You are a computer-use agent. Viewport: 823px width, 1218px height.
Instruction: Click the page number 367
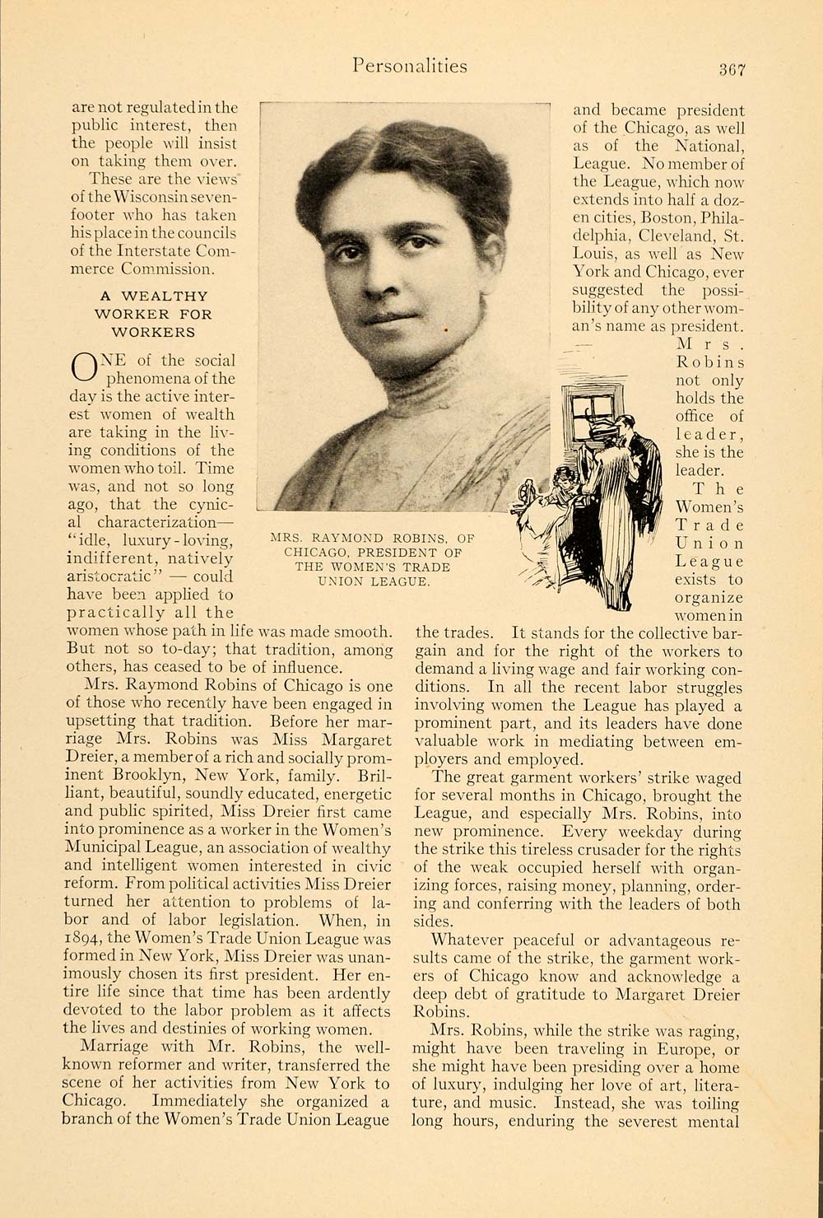point(730,70)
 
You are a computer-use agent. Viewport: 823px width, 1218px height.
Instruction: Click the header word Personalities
point(409,66)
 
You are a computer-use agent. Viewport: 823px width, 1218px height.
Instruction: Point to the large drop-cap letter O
point(85,366)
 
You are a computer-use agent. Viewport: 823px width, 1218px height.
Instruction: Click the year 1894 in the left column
point(82,938)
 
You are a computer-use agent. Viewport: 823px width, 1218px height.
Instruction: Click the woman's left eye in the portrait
point(420,243)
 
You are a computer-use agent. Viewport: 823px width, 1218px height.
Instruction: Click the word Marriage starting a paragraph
point(114,1047)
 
